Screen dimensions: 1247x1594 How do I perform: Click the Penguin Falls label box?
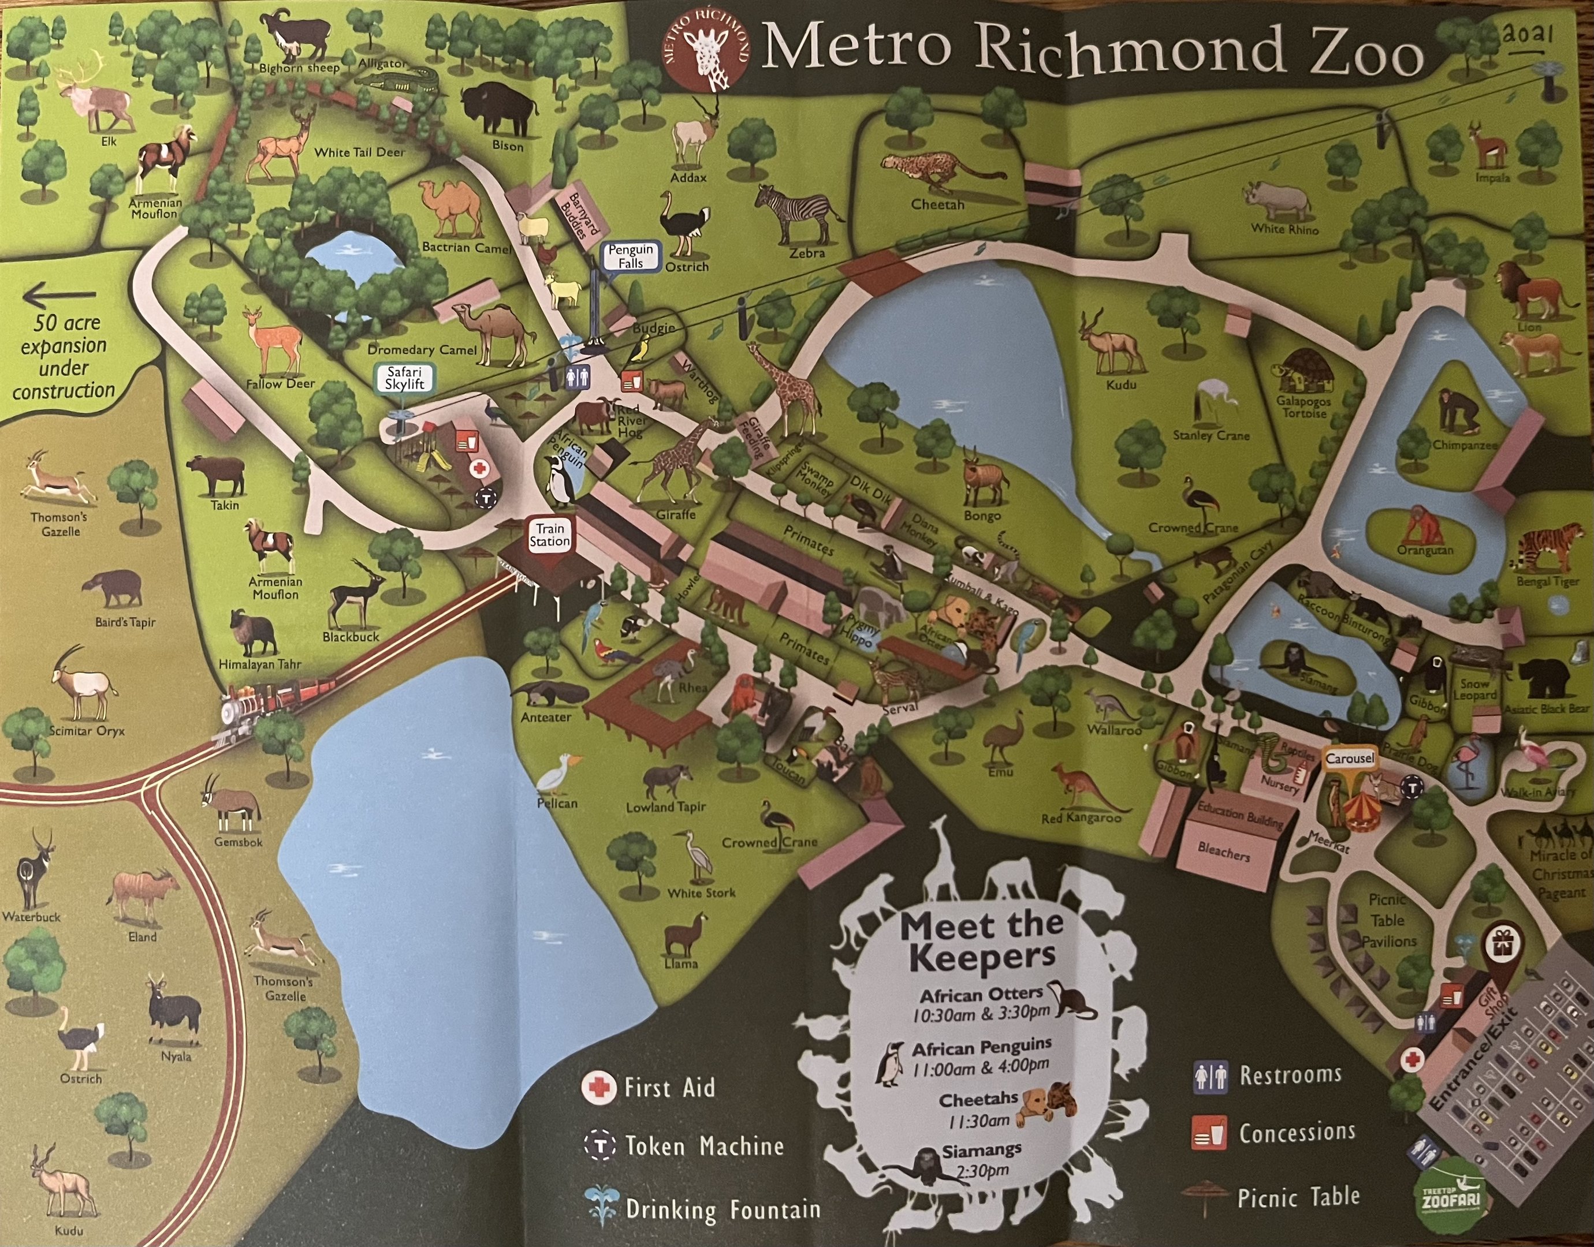click(x=631, y=256)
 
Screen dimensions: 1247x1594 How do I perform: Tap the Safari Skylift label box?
click(x=404, y=378)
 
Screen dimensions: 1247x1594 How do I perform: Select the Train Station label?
click(x=550, y=535)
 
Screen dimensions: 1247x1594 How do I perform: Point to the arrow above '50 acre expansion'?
click(x=60, y=296)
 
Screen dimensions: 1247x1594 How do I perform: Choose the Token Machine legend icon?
click(x=600, y=1145)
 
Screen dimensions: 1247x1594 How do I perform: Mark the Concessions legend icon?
click(x=1208, y=1133)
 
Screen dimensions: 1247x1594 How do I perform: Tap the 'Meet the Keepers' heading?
click(x=977, y=940)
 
